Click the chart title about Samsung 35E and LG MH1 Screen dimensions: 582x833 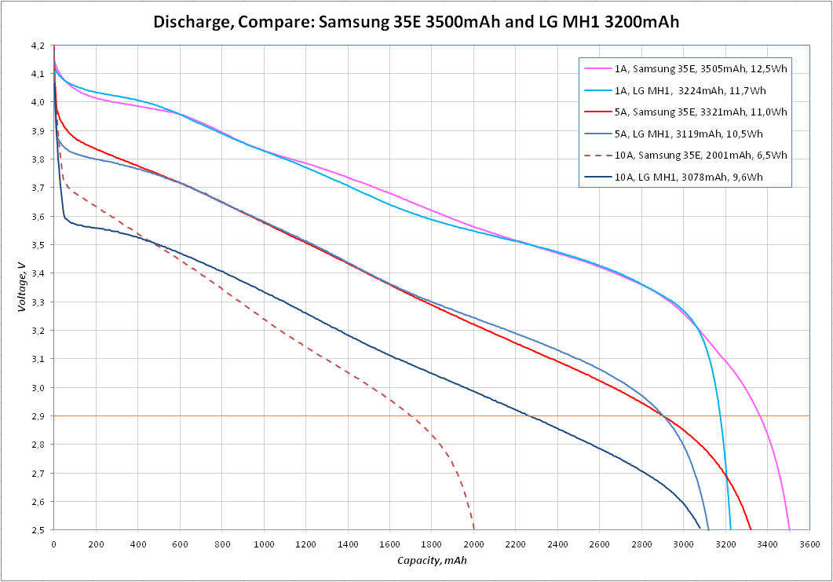click(416, 23)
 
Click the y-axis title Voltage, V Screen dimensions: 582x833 click(23, 287)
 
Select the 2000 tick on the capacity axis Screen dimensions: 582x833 click(473, 544)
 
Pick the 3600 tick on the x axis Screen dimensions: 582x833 click(809, 544)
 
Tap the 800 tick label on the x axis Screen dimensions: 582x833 click(221, 544)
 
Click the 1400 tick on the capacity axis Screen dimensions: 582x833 click(348, 544)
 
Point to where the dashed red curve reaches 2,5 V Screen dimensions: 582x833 click(474, 529)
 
